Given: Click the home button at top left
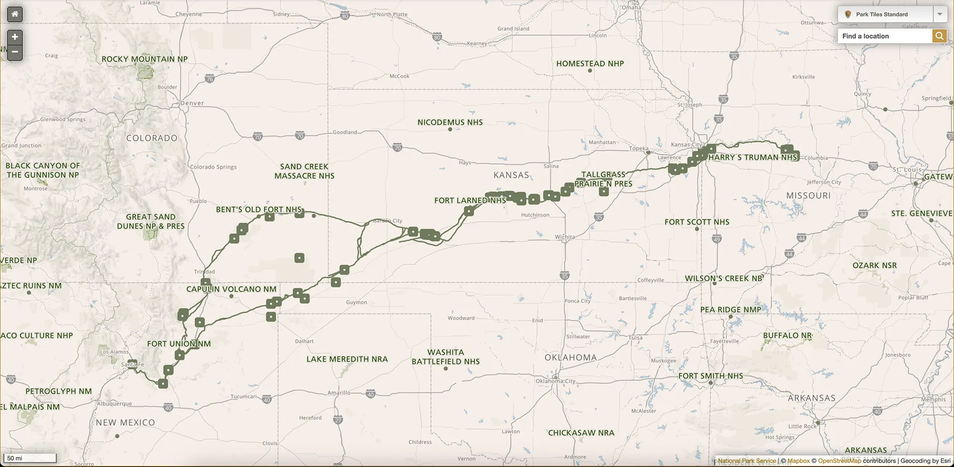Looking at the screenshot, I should point(15,14).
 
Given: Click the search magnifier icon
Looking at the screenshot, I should point(939,36).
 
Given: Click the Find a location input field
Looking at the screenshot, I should point(884,36).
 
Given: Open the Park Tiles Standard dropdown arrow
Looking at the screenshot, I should point(940,14).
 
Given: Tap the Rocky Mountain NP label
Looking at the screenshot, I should point(145,59).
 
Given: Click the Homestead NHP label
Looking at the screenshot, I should point(590,64).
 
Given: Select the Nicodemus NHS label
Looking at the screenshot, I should point(450,122).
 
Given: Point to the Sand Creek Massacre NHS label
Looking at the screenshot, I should point(304,171).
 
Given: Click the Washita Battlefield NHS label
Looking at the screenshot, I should point(446,357).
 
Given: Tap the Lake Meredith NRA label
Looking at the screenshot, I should point(347,359).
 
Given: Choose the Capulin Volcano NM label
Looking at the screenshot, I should point(231,289).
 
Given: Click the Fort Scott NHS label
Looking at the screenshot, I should point(697,222).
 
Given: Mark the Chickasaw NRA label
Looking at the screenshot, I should point(581,433).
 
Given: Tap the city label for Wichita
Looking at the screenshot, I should point(565,237).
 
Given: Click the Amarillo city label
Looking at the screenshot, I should point(339,392).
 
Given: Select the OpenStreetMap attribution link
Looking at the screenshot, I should point(839,461).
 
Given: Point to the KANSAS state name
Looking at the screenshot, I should point(511,175).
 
